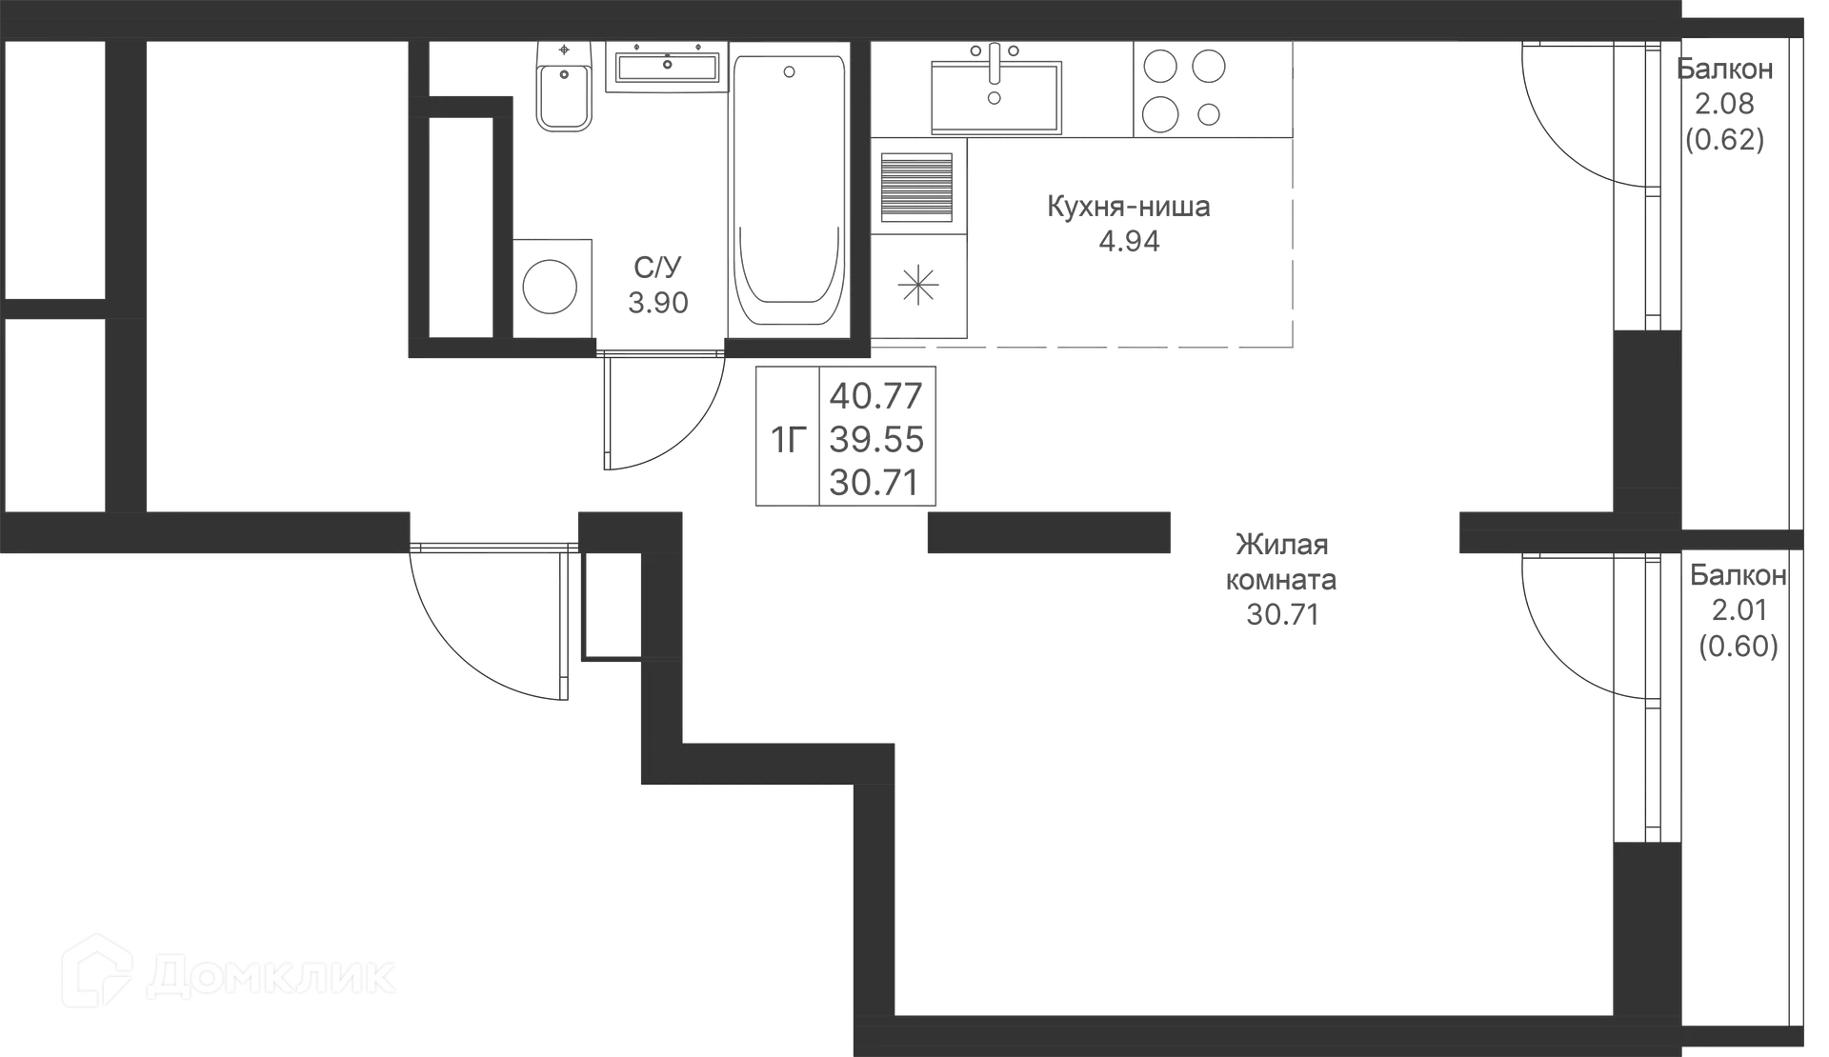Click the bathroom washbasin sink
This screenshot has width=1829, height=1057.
click(667, 67)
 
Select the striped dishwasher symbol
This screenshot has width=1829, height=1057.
click(916, 187)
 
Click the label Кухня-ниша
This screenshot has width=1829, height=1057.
click(1129, 207)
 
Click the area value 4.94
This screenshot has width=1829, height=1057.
click(1130, 241)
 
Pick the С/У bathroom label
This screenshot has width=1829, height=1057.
click(658, 268)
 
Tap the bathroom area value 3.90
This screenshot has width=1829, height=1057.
click(658, 303)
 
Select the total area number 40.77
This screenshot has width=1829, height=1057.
click(876, 394)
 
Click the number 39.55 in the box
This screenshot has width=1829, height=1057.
click(876, 439)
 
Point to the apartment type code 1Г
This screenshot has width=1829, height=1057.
click(789, 440)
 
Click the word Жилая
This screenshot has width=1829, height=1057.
click(1282, 545)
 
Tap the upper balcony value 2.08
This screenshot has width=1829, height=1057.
click(1724, 104)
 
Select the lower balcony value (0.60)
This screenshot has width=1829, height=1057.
click(1739, 647)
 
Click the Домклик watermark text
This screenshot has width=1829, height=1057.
click(271, 976)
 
